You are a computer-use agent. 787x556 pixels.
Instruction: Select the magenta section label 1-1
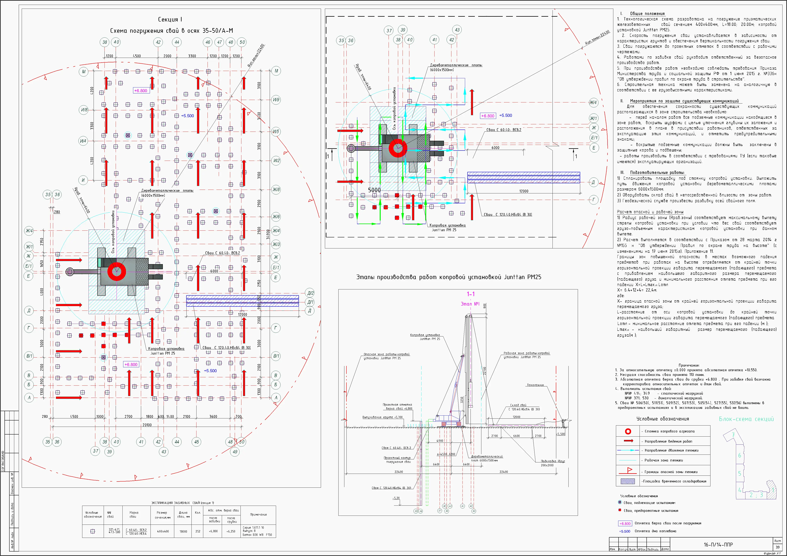coord(471,294)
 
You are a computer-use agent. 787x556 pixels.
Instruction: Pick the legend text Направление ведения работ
coord(668,441)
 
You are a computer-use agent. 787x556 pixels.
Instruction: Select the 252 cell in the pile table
coord(198,531)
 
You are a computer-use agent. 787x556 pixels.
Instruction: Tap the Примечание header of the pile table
coord(258,514)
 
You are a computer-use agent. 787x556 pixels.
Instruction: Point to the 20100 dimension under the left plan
coord(147,425)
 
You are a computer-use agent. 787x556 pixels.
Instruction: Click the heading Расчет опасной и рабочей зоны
coord(650,212)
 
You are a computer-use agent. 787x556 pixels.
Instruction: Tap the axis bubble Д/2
coord(310,293)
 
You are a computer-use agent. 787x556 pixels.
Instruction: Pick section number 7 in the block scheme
coord(733,435)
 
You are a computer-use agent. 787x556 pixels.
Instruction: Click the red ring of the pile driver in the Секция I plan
coord(117,271)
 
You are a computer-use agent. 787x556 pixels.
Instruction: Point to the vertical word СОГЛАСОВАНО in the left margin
coord(3,461)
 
